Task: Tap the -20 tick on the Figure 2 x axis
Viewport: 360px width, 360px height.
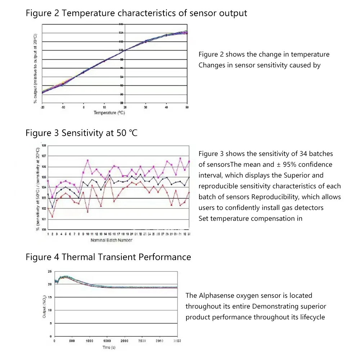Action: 42,108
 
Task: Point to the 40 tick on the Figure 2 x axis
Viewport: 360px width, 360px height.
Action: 166,108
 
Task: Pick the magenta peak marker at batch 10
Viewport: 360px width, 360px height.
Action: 87,160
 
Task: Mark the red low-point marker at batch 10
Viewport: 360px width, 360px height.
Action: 87,212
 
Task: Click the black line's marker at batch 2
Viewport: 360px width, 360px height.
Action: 53,207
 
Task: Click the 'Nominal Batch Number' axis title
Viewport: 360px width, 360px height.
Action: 111,240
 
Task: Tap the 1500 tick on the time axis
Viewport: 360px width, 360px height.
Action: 107,341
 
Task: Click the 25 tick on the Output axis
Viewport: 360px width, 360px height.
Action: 50,271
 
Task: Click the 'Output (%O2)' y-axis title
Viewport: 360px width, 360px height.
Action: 44,306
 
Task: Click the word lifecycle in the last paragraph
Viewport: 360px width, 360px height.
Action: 312,317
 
